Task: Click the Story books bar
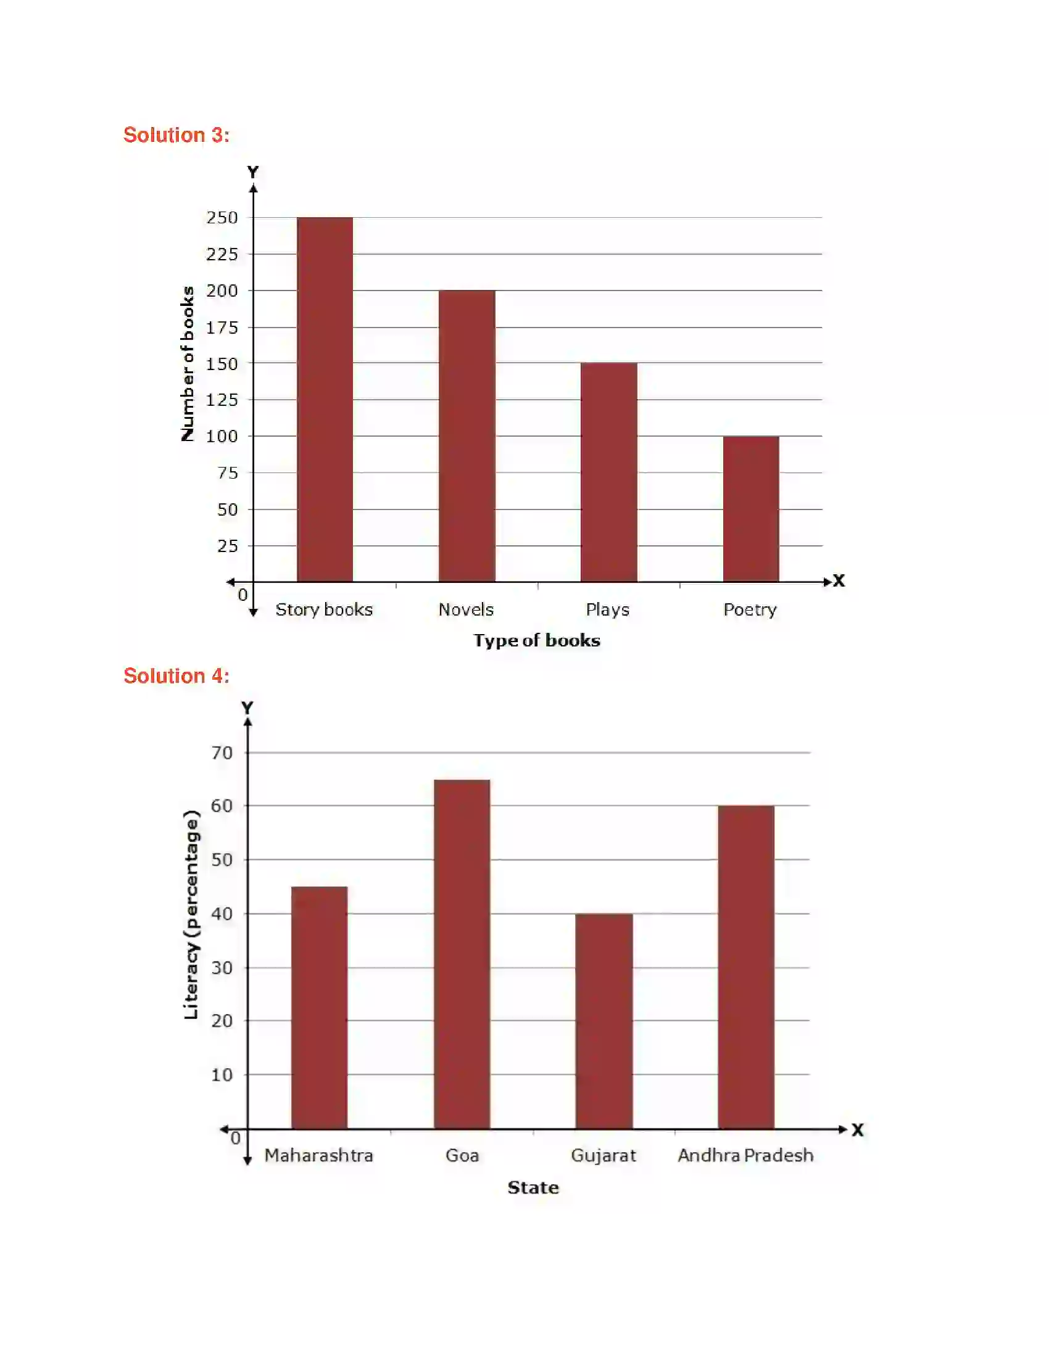pos(325,399)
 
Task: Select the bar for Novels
pos(466,435)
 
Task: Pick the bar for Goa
pos(462,954)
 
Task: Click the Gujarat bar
pos(604,1021)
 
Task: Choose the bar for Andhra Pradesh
pos(746,967)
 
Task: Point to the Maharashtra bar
pos(320,1007)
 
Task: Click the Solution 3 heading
pos(176,135)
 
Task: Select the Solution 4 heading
pos(176,675)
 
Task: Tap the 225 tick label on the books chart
pos(222,254)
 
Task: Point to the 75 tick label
pos(228,473)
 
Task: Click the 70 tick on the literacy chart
pos(222,753)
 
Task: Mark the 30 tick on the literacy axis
pos(222,967)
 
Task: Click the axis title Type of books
pos(537,641)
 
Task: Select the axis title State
pos(533,1187)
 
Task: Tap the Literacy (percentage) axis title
pos(191,915)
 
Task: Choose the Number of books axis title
pos(187,363)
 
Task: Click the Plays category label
pos(608,609)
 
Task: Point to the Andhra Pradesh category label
pos(746,1155)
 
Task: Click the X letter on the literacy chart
pos(858,1129)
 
